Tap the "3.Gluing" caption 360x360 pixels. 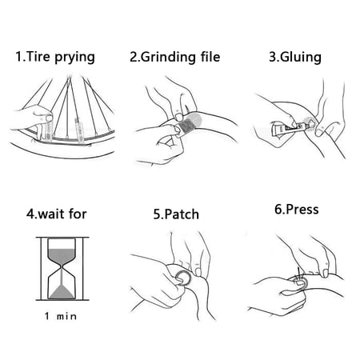(x=297, y=57)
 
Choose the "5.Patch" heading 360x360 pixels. (x=175, y=215)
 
